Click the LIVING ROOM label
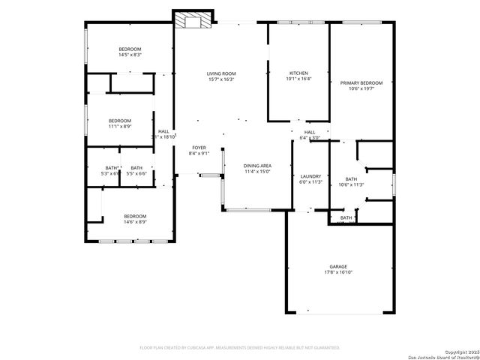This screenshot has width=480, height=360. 220,73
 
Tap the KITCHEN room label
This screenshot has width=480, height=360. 298,73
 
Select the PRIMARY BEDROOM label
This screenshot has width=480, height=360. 361,83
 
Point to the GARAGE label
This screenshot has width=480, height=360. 338,266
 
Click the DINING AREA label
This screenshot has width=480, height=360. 257,165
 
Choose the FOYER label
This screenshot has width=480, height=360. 199,148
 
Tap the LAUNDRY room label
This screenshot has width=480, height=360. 310,176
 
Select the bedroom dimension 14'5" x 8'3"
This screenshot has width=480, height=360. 130,55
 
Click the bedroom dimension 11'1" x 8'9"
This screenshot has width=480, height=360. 120,127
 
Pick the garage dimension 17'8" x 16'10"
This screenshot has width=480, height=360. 338,272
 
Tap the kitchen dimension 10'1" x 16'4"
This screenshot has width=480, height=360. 298,79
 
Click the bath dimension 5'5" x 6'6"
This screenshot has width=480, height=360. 136,173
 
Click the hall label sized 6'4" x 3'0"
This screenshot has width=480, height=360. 310,138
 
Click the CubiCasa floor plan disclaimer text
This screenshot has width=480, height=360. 240,347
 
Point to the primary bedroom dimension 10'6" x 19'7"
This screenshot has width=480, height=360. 361,88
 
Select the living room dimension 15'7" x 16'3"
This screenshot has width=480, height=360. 220,79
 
